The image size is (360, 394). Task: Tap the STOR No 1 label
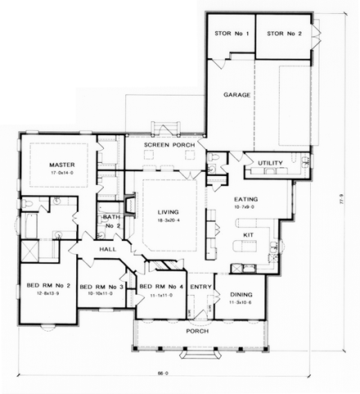tap(227, 34)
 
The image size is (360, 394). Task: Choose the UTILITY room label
tap(271, 163)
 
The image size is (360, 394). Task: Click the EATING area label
tap(247, 199)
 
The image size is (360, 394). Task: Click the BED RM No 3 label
tap(101, 287)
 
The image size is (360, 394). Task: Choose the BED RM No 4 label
tap(160, 287)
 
